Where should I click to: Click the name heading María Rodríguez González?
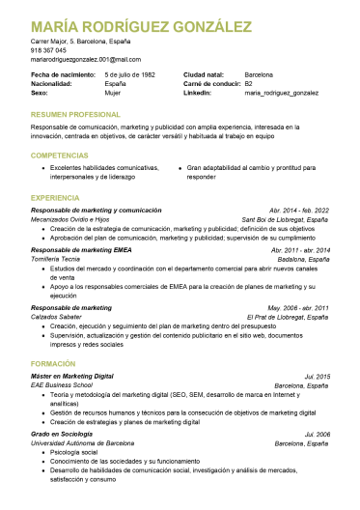pyautogui.click(x=134, y=25)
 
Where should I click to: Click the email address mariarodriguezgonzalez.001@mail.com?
pyautogui.click(x=86, y=59)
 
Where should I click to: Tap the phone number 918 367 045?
pyautogui.click(x=49, y=50)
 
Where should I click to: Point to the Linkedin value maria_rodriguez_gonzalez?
pyautogui.click(x=281, y=93)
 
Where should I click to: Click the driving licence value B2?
pyautogui.click(x=249, y=83)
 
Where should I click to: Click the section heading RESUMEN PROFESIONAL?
pyautogui.click(x=75, y=115)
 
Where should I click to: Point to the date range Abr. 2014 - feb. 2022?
pyautogui.click(x=299, y=210)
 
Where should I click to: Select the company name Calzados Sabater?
pyautogui.click(x=56, y=317)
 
